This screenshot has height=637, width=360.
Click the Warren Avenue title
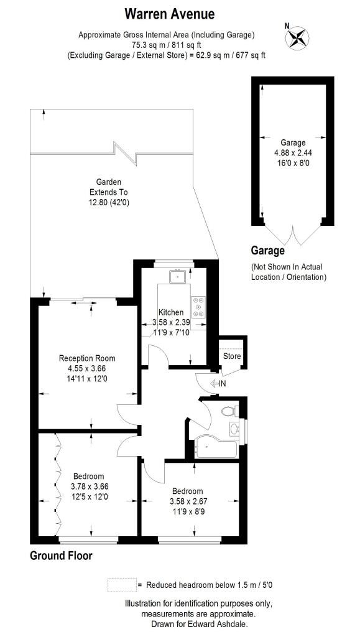click(x=170, y=14)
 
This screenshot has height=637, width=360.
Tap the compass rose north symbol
click(x=297, y=37)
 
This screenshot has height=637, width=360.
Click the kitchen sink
click(x=177, y=277)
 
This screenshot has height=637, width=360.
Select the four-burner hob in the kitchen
click(x=198, y=307)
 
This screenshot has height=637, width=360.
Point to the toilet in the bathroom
click(x=230, y=411)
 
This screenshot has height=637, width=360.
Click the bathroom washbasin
click(x=234, y=429)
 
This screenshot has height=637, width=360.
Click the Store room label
click(x=232, y=356)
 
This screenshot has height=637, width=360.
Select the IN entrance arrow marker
click(x=218, y=383)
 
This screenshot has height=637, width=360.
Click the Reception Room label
click(x=87, y=358)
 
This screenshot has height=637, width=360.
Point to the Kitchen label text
click(x=171, y=312)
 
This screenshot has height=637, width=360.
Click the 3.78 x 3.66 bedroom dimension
click(x=89, y=486)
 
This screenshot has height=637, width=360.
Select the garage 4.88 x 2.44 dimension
click(x=293, y=153)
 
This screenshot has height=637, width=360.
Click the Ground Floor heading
click(x=62, y=556)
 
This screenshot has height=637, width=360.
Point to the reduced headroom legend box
click(x=122, y=585)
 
